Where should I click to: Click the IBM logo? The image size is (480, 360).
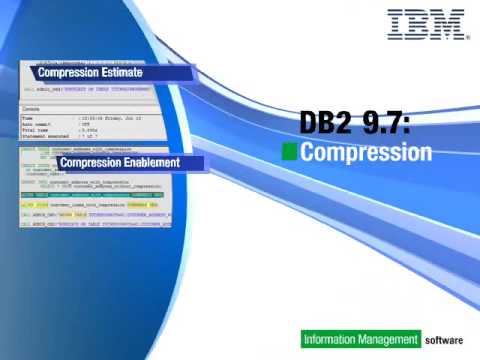427,24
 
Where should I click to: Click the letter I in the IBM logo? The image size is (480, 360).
395,24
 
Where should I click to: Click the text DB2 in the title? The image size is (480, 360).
322,124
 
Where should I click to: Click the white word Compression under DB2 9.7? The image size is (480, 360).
366,153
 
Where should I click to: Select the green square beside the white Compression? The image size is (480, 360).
289,152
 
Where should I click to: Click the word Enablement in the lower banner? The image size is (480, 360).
159,162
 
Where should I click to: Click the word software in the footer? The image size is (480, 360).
444,340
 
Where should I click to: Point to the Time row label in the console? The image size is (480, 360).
28,117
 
